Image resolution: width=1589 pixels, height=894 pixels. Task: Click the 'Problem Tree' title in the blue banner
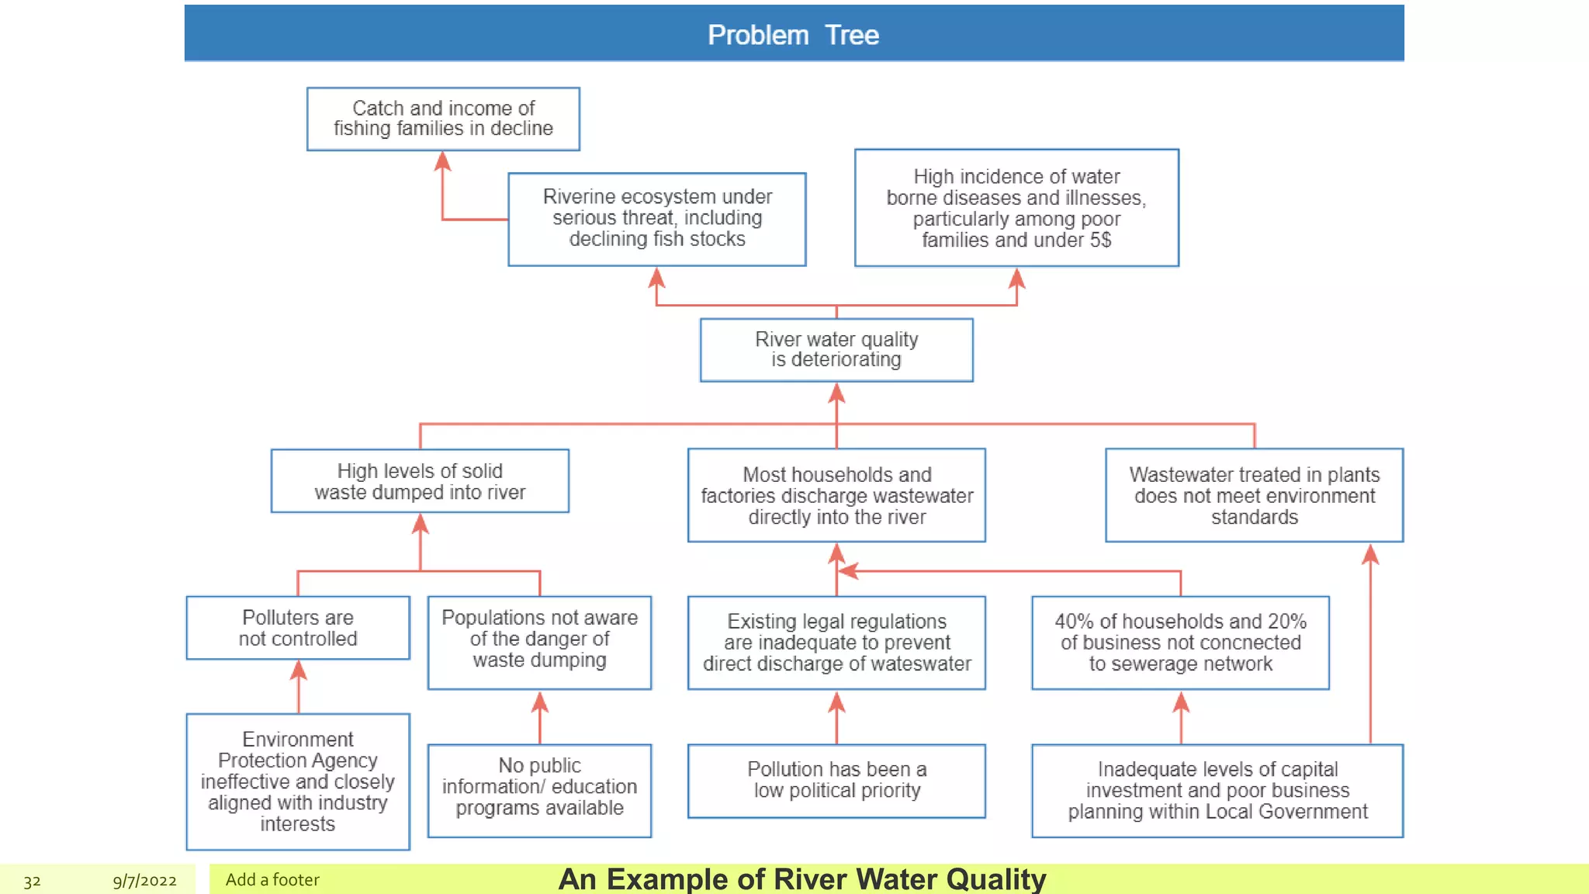[x=793, y=35]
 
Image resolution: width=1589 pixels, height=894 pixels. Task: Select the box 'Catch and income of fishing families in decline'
[x=443, y=119]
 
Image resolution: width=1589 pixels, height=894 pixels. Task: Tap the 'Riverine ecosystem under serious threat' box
[x=657, y=219]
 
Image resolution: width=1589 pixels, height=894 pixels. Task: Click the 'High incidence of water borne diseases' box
[x=1016, y=208]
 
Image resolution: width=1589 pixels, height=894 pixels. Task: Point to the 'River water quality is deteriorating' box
[x=836, y=350]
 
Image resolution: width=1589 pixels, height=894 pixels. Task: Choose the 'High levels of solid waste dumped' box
[x=420, y=481]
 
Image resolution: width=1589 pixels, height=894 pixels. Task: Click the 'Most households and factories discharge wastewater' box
[x=836, y=495]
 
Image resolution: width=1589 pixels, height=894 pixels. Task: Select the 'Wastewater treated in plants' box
[x=1254, y=495]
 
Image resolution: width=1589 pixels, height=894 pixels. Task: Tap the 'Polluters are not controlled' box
[x=298, y=628]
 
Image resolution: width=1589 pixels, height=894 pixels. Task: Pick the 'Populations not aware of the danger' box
[x=539, y=642]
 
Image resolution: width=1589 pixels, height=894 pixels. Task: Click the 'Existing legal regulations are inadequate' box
[x=836, y=643]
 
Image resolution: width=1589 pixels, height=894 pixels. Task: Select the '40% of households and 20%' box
[x=1180, y=643]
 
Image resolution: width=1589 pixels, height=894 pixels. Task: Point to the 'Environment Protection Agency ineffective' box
[x=298, y=781]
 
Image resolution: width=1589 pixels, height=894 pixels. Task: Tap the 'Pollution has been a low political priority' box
[x=836, y=781]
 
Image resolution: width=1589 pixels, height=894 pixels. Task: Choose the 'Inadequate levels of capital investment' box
[x=1217, y=790]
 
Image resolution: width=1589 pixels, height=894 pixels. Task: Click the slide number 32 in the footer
[x=32, y=881]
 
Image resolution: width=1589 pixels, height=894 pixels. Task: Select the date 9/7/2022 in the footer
[x=144, y=881]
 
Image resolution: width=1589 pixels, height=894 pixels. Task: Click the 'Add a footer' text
[x=272, y=879]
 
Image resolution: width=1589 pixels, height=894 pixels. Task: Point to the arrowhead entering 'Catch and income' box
[x=442, y=161]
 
